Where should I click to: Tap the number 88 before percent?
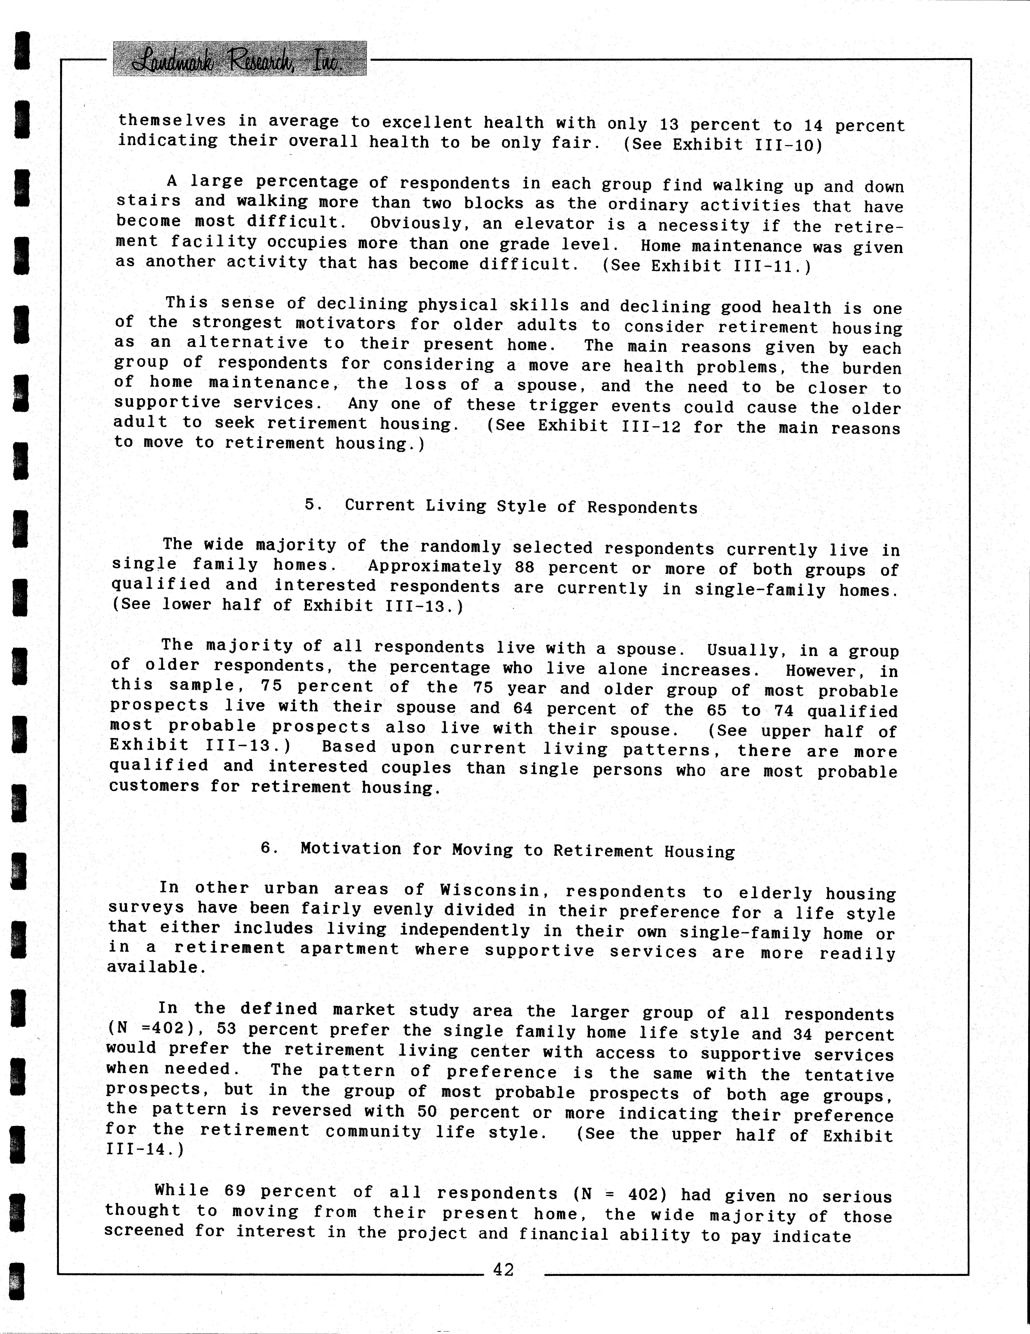(x=525, y=567)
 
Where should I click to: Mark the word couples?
(x=416, y=767)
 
